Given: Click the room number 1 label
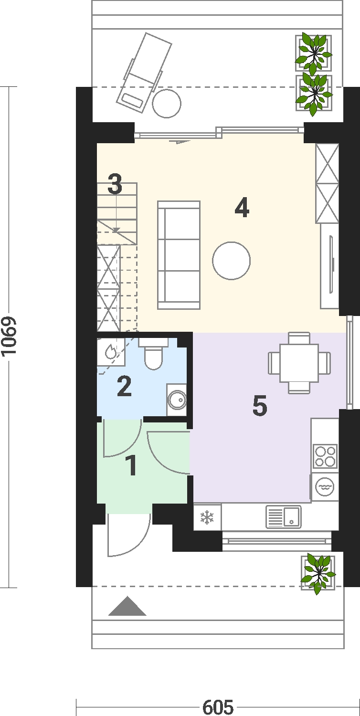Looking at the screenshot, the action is point(131,466).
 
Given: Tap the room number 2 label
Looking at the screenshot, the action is point(124,387).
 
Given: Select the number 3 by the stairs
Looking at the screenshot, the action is point(115,184).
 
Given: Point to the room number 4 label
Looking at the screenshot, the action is point(242,208).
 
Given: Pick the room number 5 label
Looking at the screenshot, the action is point(260,406).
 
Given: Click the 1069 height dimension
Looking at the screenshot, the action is point(8,336).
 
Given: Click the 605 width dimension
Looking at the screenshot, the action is point(218,707).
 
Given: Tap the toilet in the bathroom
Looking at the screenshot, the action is point(153,354).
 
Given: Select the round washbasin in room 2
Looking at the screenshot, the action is point(177,399).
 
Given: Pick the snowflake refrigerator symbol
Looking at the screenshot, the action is point(207,518).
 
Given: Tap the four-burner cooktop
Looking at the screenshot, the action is point(325,456).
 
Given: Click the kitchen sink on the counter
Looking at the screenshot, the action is point(284,517).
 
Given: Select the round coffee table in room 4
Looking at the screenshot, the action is point(232,261).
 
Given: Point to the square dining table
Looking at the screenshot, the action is point(299,363).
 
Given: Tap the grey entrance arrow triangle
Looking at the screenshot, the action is point(127,606).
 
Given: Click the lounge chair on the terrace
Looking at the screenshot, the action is point(144,73).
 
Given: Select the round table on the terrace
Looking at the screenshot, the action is point(167,104).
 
